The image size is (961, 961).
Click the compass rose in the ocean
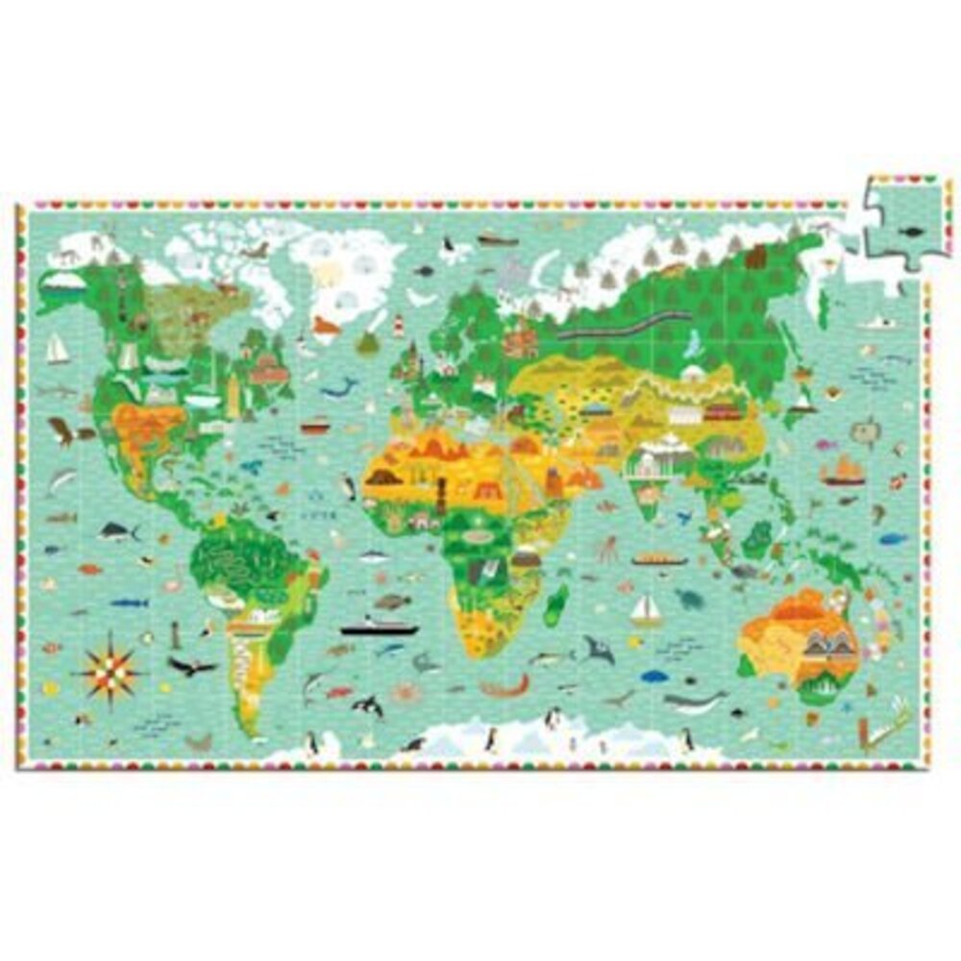coord(108,662)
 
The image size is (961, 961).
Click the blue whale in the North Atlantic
coord(338,387)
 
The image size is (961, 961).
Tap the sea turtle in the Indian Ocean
coord(688,599)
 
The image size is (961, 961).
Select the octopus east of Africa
coord(608,550)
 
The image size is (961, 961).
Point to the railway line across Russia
coord(601,330)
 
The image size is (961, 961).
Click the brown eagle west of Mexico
coord(63,431)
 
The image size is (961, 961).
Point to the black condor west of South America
coord(191,665)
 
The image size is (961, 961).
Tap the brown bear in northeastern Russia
coord(757,257)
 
